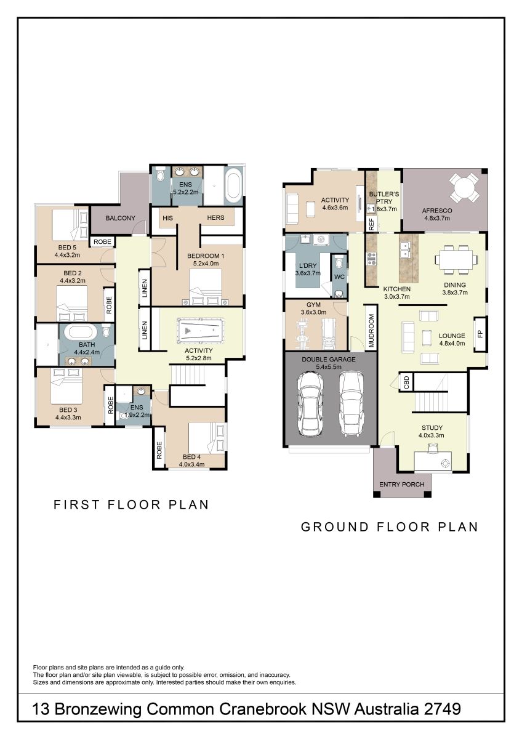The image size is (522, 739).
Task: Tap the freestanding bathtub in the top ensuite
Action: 234,185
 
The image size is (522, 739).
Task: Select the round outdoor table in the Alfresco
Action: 465,188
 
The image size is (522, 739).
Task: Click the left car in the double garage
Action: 310,404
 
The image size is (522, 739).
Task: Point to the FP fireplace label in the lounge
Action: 480,334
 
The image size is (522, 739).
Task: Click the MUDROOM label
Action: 371,331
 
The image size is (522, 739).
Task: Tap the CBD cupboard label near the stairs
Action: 406,382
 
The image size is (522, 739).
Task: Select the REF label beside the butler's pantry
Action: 372,224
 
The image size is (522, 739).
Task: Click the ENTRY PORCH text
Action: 401,484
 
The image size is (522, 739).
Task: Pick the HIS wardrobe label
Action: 167,218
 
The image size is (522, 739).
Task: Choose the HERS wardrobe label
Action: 215,218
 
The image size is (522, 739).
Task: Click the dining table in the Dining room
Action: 456,260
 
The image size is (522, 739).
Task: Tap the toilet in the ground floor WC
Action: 339,263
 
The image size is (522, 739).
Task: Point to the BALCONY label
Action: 121,218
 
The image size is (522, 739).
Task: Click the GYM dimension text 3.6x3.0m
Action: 313,312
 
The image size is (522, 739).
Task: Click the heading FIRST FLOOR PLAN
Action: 131,504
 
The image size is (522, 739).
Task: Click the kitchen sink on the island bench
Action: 404,249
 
